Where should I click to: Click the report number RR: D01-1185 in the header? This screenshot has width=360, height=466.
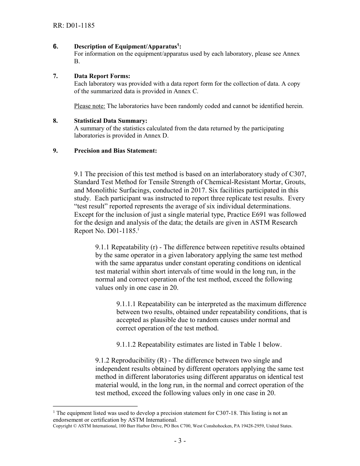(x=74, y=26)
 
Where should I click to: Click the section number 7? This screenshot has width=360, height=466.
(x=55, y=76)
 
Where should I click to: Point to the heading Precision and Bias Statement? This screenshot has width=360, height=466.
(x=115, y=151)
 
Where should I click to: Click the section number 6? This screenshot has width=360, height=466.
(x=55, y=47)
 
